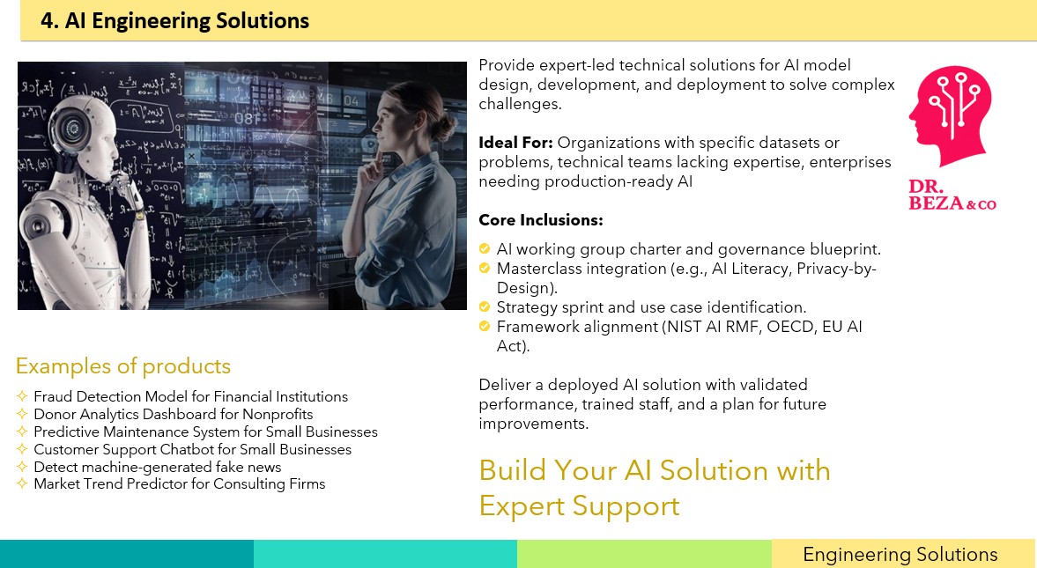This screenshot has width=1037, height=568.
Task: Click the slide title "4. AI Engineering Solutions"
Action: coord(174,20)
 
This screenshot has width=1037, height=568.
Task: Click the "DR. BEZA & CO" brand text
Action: coord(952,195)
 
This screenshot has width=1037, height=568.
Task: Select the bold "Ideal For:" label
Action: coord(515,143)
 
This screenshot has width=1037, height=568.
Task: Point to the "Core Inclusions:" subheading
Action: coord(541,220)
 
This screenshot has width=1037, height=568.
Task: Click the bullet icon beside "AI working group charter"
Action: coord(484,248)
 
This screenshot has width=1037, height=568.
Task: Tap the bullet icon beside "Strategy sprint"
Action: coord(484,306)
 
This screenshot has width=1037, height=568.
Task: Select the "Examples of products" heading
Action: coord(123,365)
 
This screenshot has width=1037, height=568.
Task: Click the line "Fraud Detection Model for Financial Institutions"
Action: coord(190,397)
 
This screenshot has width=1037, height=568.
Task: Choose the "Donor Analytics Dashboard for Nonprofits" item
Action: coord(174,415)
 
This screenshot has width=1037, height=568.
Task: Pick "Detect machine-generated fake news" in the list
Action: coord(158,467)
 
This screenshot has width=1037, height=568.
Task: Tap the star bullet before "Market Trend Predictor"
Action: coord(22,483)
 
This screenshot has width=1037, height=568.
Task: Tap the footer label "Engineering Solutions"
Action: coord(900,554)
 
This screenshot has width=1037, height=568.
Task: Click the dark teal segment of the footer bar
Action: coord(127,553)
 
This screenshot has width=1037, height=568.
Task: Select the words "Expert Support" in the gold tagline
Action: coord(580,506)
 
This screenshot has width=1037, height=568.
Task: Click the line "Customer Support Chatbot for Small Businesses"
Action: coord(192,450)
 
